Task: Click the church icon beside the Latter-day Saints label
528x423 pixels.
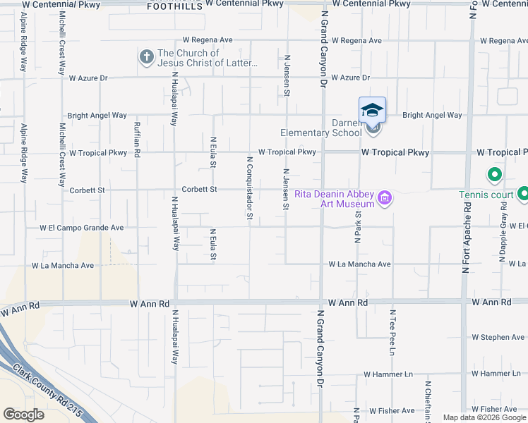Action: pyautogui.click(x=146, y=57)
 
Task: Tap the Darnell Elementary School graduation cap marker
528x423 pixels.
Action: pyautogui.click(x=372, y=111)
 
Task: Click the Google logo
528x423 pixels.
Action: pyautogui.click(x=23, y=415)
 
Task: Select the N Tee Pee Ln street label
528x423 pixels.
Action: pyautogui.click(x=392, y=332)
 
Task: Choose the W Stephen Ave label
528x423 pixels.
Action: pyautogui.click(x=498, y=338)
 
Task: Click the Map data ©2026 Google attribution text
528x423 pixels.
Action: pyautogui.click(x=484, y=417)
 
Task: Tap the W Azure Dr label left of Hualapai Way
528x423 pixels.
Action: pyautogui.click(x=88, y=78)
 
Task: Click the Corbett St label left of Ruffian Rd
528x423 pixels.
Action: pyautogui.click(x=87, y=190)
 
